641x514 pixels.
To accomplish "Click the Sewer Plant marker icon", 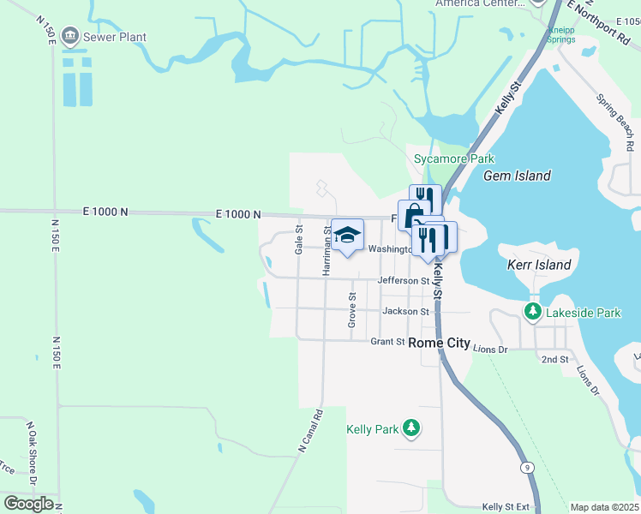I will coord(69,37).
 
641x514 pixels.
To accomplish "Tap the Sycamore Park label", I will coord(454,158).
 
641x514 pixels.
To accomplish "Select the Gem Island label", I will coord(517,176).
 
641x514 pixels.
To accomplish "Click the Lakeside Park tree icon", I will coord(533,313).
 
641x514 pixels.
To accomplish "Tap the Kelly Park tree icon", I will coord(412,428).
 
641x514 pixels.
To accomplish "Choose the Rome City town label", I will coord(439,343).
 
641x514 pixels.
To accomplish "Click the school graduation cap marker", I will coord(347,235).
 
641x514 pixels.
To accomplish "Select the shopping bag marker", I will coord(414,214).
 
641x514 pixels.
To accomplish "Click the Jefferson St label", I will coord(404,281).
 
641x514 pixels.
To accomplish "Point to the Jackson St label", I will coord(405,312).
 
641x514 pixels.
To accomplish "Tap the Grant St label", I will coord(387,342).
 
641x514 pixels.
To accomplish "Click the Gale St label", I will coord(299,239).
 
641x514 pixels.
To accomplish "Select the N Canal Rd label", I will coord(310,430).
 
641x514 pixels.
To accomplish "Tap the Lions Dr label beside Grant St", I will coord(490,350).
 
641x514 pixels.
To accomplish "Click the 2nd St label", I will coord(554,359).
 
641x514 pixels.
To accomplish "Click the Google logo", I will coord(28,504).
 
